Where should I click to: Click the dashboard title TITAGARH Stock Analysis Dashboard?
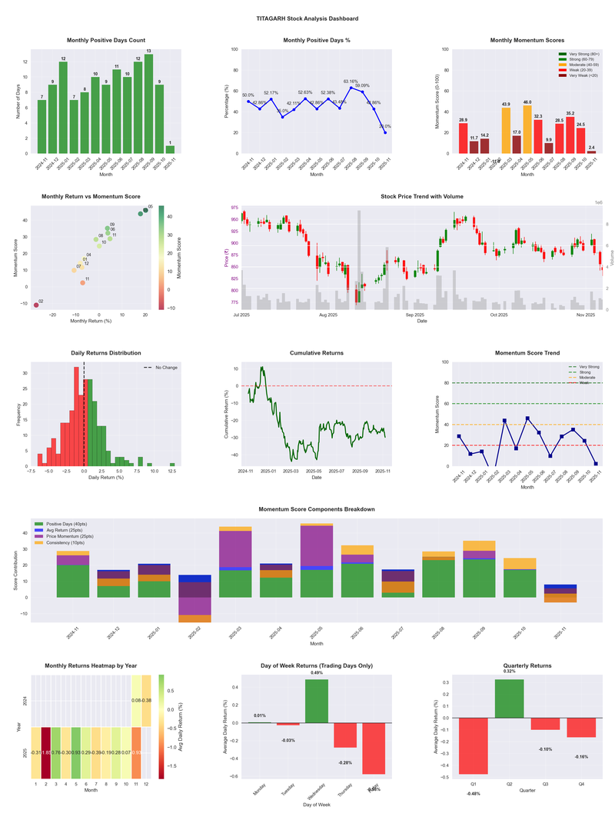pos(307,18)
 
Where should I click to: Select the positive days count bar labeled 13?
pos(148,103)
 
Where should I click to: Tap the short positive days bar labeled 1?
pos(170,149)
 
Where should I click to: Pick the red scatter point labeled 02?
pos(35,305)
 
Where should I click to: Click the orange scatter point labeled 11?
pos(82,283)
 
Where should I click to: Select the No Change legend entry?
pos(165,368)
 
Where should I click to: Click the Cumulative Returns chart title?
pos(317,353)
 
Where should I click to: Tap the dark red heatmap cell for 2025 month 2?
pos(45,752)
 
